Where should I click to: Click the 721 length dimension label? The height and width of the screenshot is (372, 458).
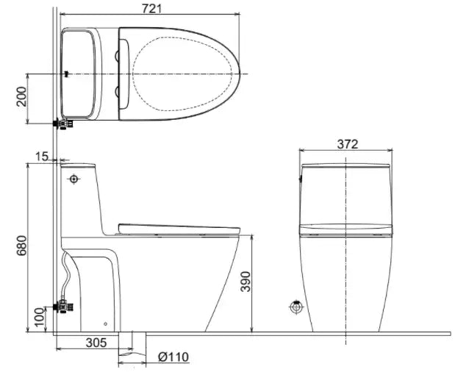pos(150,7)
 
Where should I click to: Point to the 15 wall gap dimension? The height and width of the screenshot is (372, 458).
pos(41,156)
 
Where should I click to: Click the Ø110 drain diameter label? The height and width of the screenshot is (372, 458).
pos(173,357)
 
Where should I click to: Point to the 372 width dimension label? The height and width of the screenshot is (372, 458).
pos(347,144)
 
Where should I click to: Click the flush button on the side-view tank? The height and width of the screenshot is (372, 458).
pos(74,179)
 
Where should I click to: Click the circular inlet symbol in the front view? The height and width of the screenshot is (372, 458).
pos(296,307)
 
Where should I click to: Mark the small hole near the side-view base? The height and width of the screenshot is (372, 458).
pos(106,323)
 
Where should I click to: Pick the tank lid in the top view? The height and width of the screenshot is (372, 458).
pos(79,74)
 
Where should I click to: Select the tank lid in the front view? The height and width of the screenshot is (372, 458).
pos(347,168)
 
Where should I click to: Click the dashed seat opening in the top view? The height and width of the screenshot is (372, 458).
pos(187,74)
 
